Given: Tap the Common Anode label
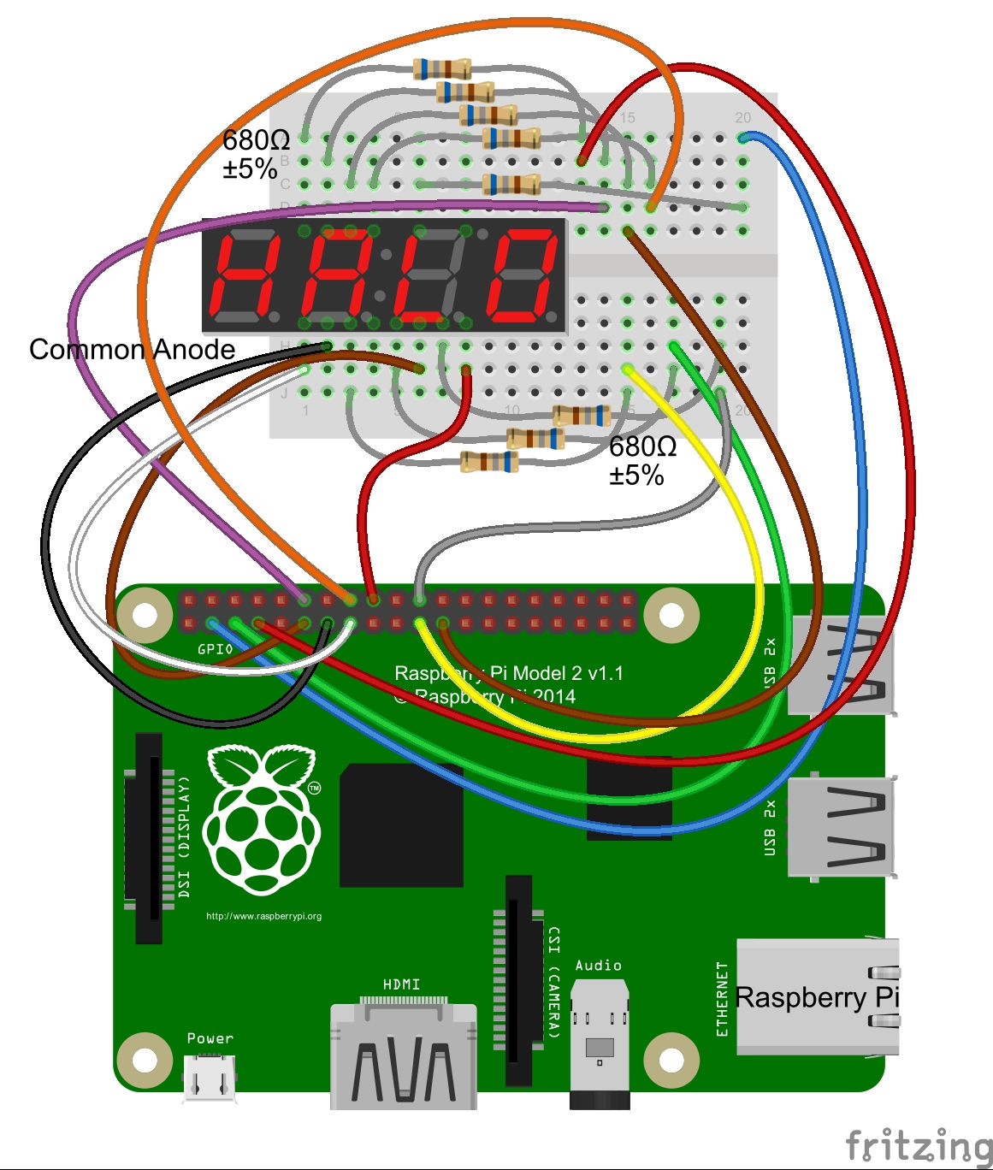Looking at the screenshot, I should pos(132,349).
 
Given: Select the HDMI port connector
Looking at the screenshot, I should pos(403,1057).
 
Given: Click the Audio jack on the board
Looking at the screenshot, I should pos(600,1043).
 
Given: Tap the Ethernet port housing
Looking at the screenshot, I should pos(817,996).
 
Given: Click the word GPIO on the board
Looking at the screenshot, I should pos(215,649).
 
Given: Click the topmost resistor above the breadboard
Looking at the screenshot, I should pos(441,68).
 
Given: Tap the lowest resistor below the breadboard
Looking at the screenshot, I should pos(489,462).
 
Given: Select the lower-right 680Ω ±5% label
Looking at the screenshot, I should pos(642,460).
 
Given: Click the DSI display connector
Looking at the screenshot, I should pos(149,838).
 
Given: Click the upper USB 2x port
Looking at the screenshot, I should pos(842,665).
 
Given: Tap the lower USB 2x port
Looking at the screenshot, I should pos(842,827).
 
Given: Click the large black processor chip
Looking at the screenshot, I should pos(401,825).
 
